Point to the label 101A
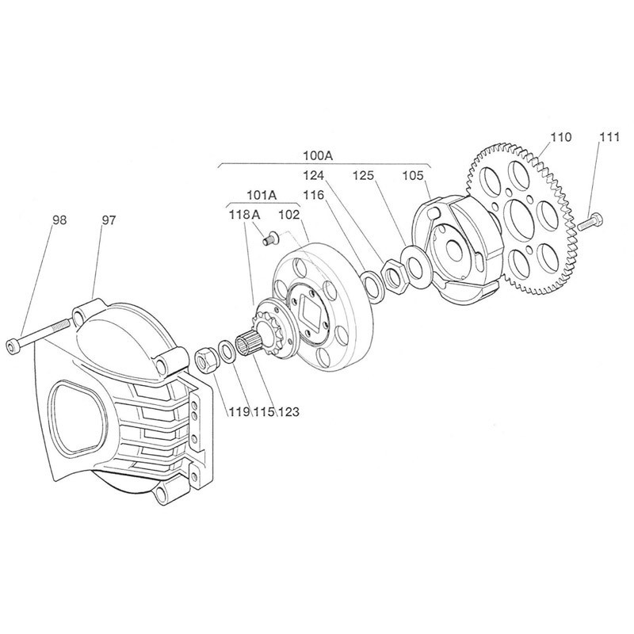click(260, 194)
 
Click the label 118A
click(245, 214)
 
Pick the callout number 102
click(288, 214)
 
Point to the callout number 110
click(560, 137)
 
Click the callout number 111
click(607, 137)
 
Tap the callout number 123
click(288, 411)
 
